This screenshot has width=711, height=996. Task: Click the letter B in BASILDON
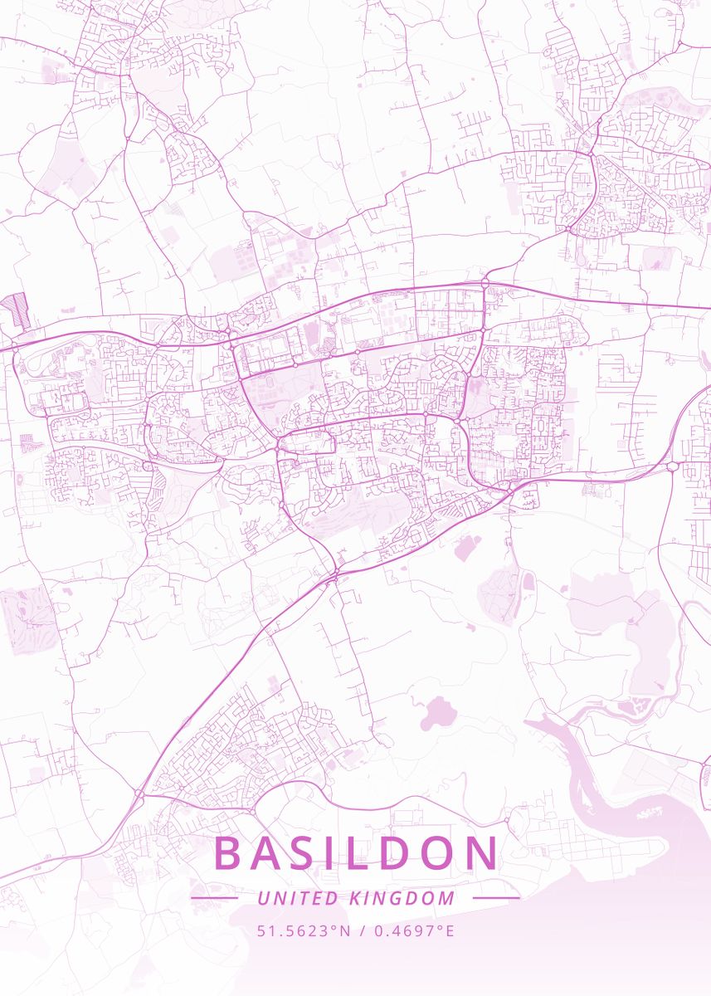230,854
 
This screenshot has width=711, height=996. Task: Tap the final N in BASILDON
485,854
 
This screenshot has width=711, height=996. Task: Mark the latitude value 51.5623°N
304,930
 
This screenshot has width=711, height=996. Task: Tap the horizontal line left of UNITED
214,898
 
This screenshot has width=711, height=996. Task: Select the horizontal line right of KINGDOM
496,898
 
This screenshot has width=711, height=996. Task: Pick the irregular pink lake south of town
437,713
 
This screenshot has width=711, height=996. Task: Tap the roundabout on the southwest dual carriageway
139,794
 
